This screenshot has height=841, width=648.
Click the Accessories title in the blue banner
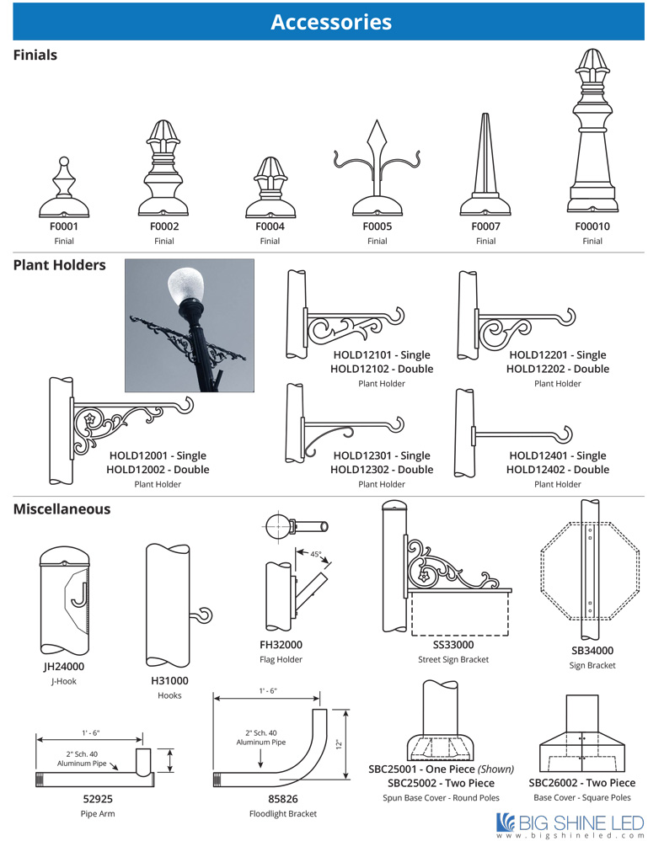tap(330, 22)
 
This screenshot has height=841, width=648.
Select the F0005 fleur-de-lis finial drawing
tap(377, 173)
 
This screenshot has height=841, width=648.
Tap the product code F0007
tap(485, 226)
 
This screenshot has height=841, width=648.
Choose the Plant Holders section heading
tap(59, 265)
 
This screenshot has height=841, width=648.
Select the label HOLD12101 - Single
tap(382, 355)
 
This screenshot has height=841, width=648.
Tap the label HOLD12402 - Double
tap(557, 470)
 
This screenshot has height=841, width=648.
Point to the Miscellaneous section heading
tap(62, 509)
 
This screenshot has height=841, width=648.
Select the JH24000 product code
tap(64, 667)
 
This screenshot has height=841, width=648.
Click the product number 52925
tap(98, 798)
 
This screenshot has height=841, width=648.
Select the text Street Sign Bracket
tap(453, 659)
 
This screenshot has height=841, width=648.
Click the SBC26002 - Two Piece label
tap(581, 783)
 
